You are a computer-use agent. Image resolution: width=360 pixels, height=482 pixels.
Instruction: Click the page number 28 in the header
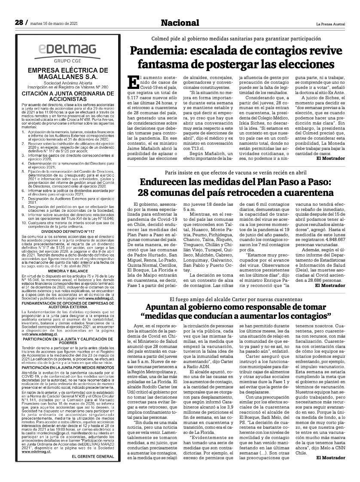(x=19, y=22)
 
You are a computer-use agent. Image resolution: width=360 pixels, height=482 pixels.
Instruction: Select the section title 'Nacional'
(x=180, y=23)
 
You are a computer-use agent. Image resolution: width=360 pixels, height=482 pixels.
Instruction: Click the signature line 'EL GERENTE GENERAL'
(x=90, y=467)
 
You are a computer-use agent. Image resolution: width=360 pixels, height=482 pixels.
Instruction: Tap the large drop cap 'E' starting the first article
(x=134, y=81)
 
